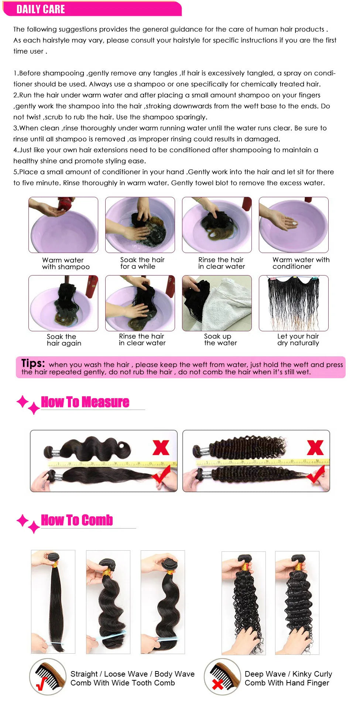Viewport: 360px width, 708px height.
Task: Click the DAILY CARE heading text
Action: tap(41, 9)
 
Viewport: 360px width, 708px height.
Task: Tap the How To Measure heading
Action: tap(85, 402)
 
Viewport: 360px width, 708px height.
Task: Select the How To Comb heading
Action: tap(77, 520)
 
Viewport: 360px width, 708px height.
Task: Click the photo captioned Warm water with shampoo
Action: tap(64, 225)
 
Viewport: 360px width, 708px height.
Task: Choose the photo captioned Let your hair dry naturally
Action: tap(294, 303)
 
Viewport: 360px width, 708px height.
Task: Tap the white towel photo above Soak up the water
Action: tap(217, 303)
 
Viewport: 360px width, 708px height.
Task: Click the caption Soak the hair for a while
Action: tap(142, 263)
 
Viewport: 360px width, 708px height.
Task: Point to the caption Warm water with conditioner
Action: tap(301, 263)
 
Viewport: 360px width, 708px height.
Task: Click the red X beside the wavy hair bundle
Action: tap(161, 448)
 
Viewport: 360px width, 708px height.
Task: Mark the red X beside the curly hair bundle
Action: tap(315, 448)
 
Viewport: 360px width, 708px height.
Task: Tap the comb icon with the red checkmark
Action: tap(48, 677)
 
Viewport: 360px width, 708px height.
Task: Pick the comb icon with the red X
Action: tap(222, 677)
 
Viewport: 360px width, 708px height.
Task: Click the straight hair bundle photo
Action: tap(53, 602)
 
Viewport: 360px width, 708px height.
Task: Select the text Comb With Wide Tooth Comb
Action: tap(123, 683)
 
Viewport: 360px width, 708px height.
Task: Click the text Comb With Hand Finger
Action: tap(287, 683)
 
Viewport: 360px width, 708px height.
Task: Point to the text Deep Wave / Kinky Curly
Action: tap(288, 674)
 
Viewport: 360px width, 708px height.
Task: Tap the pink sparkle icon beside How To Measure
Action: tap(28, 405)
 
